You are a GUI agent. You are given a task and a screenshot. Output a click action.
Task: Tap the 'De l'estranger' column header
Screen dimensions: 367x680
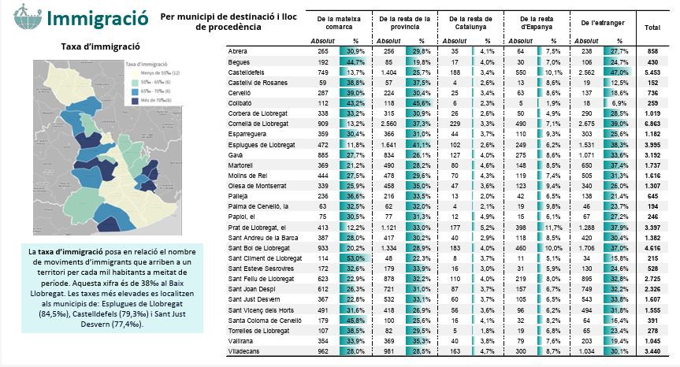(601, 24)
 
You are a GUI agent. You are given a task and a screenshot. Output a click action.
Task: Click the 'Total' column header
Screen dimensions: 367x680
(652, 28)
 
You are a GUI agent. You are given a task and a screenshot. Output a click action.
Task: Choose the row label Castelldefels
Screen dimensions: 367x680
(248, 71)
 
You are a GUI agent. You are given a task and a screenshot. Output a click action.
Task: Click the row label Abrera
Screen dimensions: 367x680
(238, 50)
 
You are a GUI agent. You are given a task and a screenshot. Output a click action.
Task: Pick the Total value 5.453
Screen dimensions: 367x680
(652, 71)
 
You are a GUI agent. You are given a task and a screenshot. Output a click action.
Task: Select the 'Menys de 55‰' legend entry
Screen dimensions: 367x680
(150, 72)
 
